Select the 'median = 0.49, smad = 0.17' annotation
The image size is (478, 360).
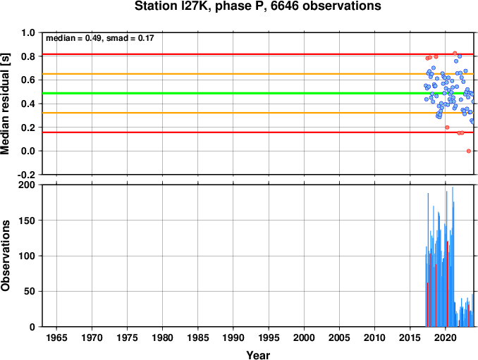99,38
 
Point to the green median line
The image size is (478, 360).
258,93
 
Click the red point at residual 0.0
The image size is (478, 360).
469,151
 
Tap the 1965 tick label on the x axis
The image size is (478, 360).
56,337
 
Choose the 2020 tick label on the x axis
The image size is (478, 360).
446,337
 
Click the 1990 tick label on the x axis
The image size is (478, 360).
233,337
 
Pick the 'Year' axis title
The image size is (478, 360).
258,355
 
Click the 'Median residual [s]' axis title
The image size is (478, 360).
5,104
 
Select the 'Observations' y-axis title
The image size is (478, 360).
5,256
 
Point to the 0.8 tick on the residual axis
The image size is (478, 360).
28,56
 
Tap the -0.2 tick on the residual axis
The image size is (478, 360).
26,175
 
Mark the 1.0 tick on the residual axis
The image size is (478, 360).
28,32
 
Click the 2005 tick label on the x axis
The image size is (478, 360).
339,337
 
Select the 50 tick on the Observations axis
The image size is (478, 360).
30,292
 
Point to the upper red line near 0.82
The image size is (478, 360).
258,54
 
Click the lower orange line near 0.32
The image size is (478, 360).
258,113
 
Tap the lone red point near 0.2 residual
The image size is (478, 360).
447,128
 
